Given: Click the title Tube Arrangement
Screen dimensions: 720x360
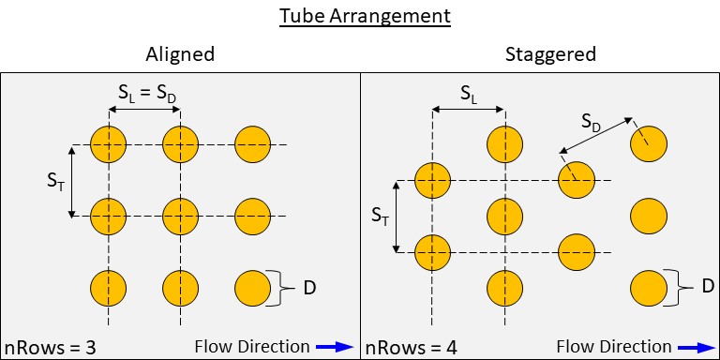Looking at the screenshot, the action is pyautogui.click(x=365, y=17).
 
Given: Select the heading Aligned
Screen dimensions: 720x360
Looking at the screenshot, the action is pyautogui.click(x=180, y=54).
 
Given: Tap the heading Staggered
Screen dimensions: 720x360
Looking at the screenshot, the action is pyautogui.click(x=550, y=54).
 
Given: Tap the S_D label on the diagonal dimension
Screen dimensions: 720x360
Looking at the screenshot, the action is pyautogui.click(x=591, y=122).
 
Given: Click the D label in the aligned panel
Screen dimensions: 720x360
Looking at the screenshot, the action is pyautogui.click(x=309, y=289).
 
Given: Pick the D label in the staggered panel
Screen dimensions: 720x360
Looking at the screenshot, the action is pyautogui.click(x=707, y=287).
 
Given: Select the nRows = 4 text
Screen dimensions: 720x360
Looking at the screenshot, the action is pyautogui.click(x=411, y=348).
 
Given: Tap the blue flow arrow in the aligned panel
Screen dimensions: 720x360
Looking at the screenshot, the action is pyautogui.click(x=334, y=347).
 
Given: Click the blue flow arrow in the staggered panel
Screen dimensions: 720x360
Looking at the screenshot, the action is pyautogui.click(x=697, y=347).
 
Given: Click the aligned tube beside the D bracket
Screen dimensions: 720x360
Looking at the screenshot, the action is pyautogui.click(x=252, y=289).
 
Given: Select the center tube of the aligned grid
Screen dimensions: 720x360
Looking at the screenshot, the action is pyautogui.click(x=180, y=217).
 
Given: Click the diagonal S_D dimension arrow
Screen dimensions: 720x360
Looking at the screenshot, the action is pyautogui.click(x=596, y=135).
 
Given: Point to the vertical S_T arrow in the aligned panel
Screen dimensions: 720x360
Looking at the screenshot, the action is pyautogui.click(x=71, y=181).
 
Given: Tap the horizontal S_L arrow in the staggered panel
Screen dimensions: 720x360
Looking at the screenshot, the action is pyautogui.click(x=469, y=110).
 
